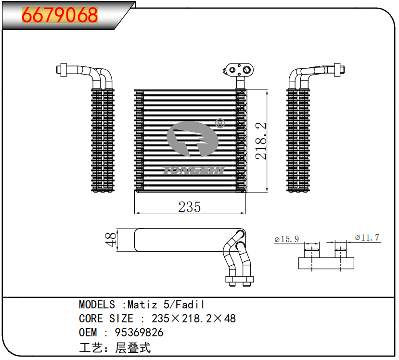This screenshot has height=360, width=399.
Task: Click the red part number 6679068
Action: (x=60, y=15)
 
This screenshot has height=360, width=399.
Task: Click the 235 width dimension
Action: (x=190, y=207)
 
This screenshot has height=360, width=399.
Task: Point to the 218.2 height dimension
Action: (x=260, y=141)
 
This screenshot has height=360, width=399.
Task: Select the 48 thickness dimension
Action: (x=110, y=240)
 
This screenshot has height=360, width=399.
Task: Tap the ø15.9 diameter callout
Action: (x=286, y=239)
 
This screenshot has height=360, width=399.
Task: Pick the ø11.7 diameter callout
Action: (x=367, y=238)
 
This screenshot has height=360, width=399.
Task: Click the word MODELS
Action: (x=97, y=305)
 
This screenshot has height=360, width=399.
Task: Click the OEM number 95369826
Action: (x=139, y=332)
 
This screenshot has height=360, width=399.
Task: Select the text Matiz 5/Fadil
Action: (x=166, y=305)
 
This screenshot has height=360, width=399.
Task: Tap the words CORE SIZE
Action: (x=106, y=319)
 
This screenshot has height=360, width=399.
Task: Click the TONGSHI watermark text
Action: (x=193, y=170)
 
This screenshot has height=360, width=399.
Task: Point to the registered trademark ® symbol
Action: (x=220, y=123)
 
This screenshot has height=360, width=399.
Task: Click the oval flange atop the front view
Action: (x=239, y=69)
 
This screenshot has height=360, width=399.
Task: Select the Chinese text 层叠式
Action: (x=133, y=347)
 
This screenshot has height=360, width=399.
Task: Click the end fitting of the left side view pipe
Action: (x=62, y=69)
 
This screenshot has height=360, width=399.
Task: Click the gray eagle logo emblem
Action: (x=193, y=139)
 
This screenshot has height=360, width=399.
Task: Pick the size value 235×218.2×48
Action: (x=193, y=319)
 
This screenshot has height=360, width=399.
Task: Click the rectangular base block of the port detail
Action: (x=326, y=263)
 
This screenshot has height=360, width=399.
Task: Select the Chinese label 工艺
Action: (x=91, y=347)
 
